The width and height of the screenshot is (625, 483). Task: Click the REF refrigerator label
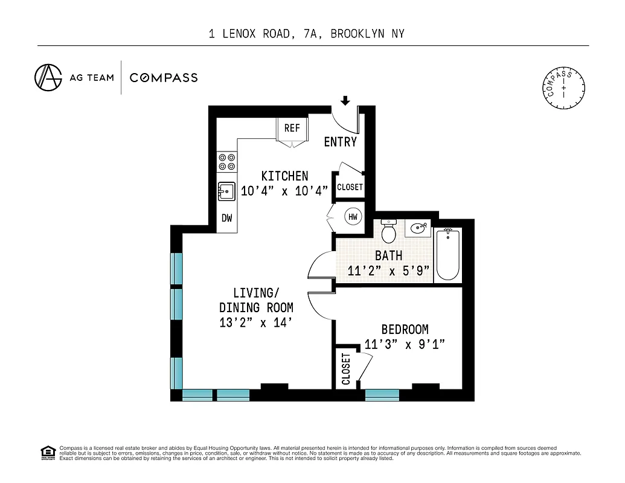coord(292,128)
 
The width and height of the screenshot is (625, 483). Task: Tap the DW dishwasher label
coord(226,219)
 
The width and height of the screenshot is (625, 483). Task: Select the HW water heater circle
coord(353,216)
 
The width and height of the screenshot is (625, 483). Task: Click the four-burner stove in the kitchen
coord(227,161)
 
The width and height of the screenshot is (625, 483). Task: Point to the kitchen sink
coord(227,191)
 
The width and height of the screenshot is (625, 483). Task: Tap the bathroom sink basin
coord(418,229)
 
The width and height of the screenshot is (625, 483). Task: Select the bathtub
coord(447,254)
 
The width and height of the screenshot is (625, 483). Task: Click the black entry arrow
coord(345,100)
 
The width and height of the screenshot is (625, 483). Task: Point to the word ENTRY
coord(341,142)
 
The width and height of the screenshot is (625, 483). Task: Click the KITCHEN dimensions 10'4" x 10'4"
coord(284,191)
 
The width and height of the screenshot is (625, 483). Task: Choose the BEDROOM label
coord(405,330)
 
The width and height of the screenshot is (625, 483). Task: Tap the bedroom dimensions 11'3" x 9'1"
coord(405,345)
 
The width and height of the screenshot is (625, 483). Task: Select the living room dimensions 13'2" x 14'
coord(256,323)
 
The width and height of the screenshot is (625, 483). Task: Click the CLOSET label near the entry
coord(350,187)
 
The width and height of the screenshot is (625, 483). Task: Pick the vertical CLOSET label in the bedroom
coord(346,369)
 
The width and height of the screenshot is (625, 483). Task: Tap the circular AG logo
coord(48,77)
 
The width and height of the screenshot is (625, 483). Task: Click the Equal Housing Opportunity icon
coord(47,452)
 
